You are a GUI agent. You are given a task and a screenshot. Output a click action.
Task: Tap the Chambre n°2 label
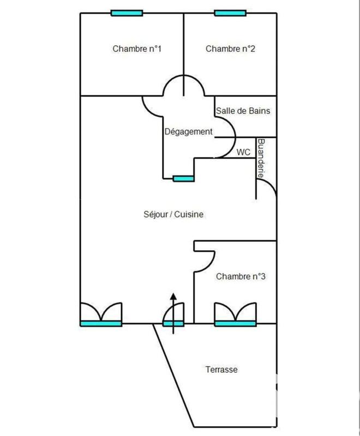click(231, 49)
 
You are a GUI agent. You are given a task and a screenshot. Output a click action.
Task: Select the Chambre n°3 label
click(241, 277)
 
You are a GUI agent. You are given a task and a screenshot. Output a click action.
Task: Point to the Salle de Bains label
click(243, 111)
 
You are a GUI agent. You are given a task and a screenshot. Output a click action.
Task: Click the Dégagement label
click(188, 132)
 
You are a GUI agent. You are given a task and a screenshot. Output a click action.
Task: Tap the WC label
click(243, 153)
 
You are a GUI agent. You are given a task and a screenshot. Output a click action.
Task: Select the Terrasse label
click(221, 370)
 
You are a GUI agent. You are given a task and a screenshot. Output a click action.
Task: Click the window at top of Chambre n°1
click(127, 13)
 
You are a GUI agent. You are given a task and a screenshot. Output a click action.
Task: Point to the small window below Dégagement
click(183, 178)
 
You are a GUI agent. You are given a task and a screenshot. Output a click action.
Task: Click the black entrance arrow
click(173, 313)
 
